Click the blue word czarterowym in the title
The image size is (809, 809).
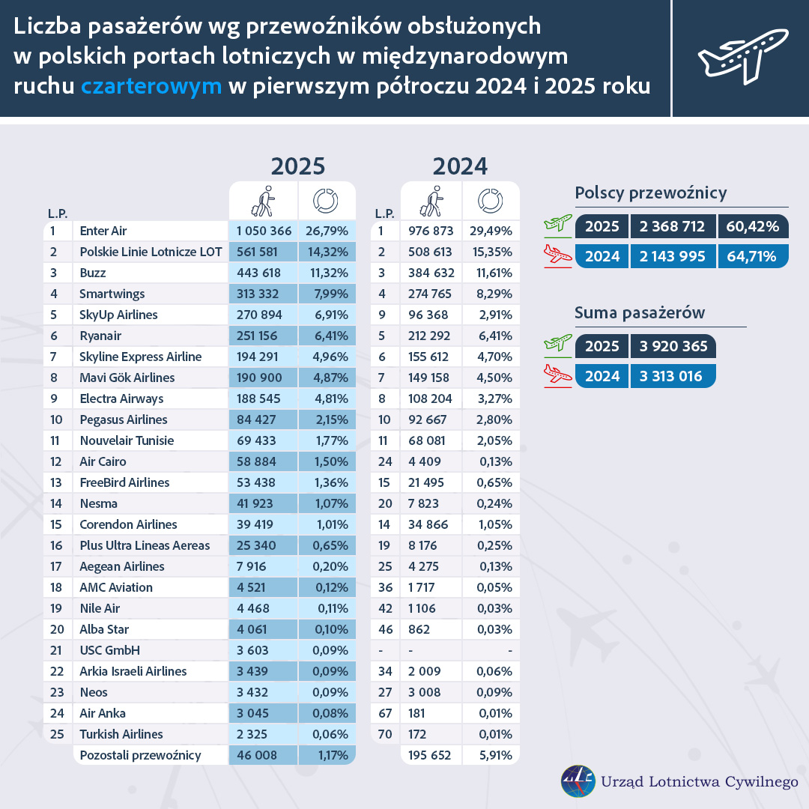coord(151,86)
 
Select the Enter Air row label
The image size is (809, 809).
coord(108,231)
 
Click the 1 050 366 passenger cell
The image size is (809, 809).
coord(262,231)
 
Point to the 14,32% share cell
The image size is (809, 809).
coord(327,252)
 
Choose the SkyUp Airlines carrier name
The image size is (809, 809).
coord(118,315)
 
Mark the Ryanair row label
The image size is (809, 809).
coord(100,336)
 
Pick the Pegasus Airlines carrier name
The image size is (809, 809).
coord(124,419)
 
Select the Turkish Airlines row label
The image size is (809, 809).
coord(121,734)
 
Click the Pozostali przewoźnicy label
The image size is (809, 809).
coord(140,755)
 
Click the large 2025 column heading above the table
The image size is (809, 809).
coord(297,166)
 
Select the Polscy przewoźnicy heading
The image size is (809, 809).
coord(651,193)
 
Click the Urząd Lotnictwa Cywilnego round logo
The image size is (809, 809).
coord(578,781)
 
